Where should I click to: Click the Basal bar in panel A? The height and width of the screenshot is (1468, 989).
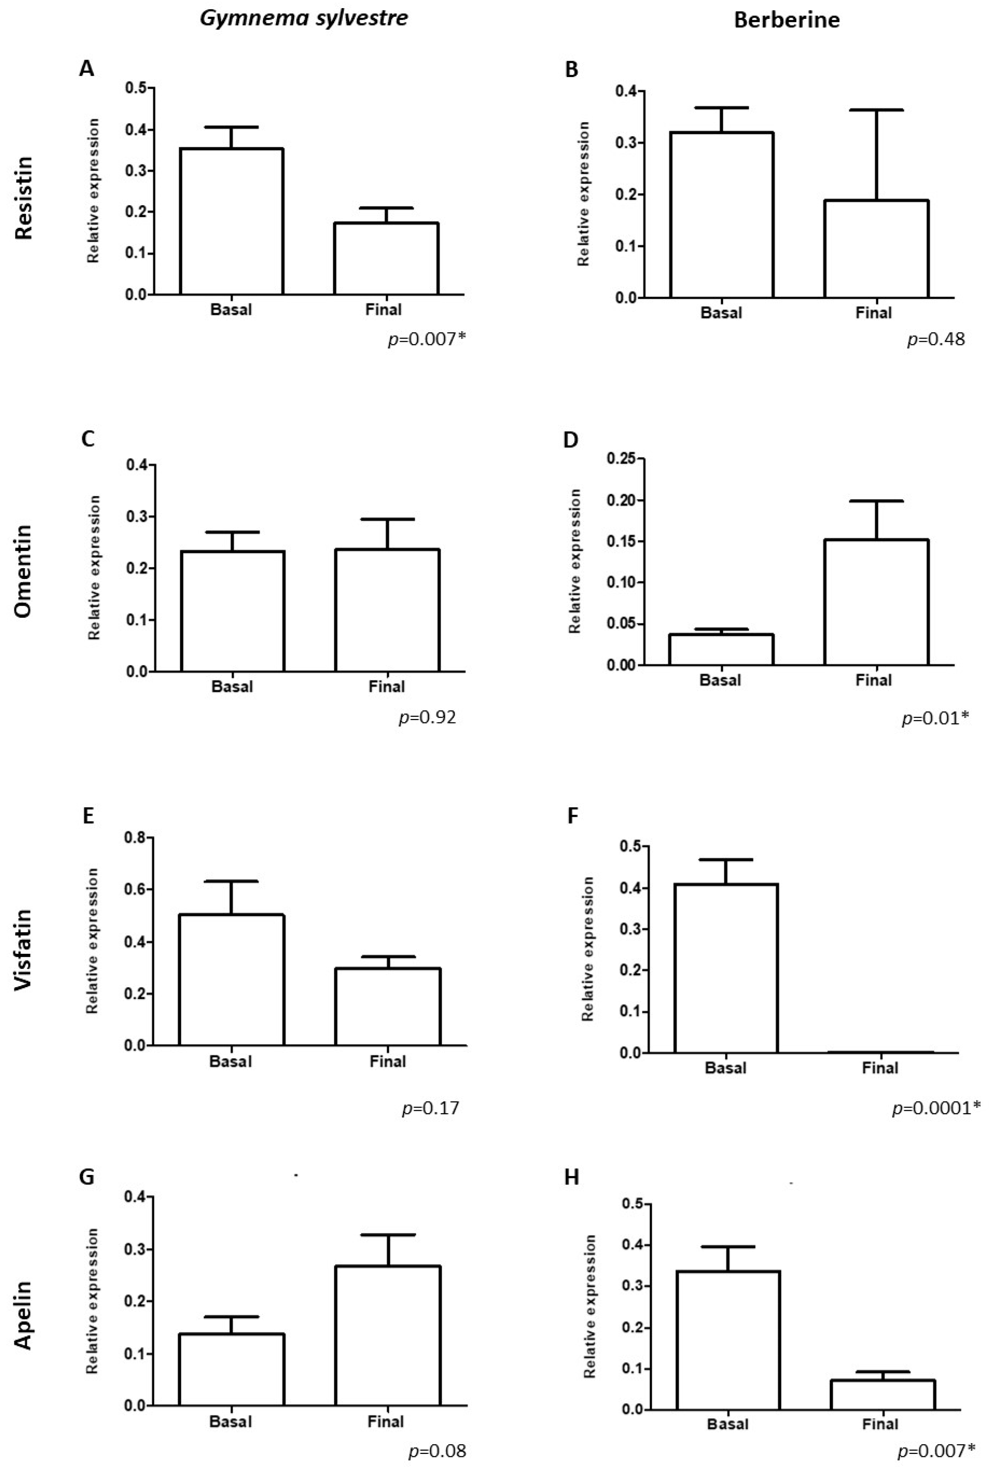pyautogui.click(x=232, y=222)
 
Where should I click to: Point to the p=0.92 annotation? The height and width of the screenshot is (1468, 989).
pyautogui.click(x=427, y=718)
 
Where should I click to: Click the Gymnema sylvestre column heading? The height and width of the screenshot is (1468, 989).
pyautogui.click(x=304, y=18)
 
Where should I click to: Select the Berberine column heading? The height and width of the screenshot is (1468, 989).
pyautogui.click(x=786, y=20)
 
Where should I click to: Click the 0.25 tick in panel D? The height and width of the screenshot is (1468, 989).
pyautogui.click(x=621, y=459)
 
